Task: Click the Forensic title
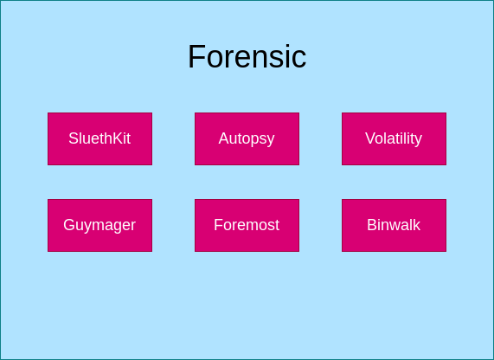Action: [x=247, y=57]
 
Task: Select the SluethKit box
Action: [x=99, y=138]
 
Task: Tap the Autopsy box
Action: [x=247, y=138]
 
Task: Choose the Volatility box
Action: [x=394, y=138]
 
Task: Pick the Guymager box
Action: [x=99, y=225]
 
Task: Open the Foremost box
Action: [x=247, y=225]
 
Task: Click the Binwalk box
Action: [x=394, y=225]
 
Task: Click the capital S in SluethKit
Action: [x=74, y=138]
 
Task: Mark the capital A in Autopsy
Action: [x=223, y=138]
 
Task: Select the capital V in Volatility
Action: [x=370, y=138]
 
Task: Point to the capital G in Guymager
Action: [x=69, y=225]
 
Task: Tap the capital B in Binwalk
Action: [x=372, y=225]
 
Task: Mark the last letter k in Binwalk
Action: [x=416, y=225]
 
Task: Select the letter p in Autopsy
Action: [x=256, y=140]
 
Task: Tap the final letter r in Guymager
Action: [x=133, y=226]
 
